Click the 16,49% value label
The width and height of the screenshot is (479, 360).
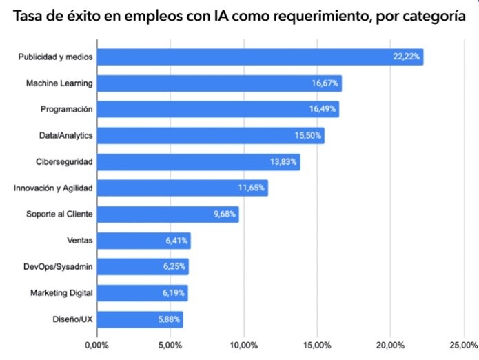point(323,110)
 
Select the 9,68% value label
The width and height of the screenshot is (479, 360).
point(225,214)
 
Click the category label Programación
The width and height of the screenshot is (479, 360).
point(67,110)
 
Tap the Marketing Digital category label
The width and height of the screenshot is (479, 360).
point(61,293)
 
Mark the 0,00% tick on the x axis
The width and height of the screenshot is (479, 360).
point(96,345)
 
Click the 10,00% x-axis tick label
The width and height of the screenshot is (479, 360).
point(243,345)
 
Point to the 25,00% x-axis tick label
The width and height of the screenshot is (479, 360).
point(463,345)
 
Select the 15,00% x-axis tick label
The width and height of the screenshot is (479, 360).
point(316,345)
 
